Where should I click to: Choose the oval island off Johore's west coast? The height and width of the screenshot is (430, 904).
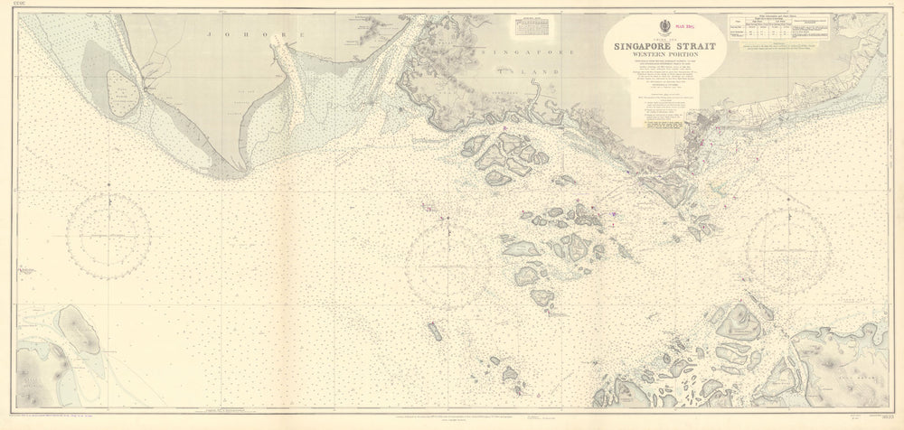(x=121, y=89)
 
